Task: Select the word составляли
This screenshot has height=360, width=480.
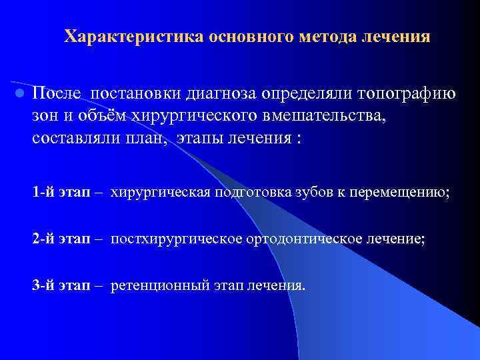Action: pyautogui.click(x=73, y=139)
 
